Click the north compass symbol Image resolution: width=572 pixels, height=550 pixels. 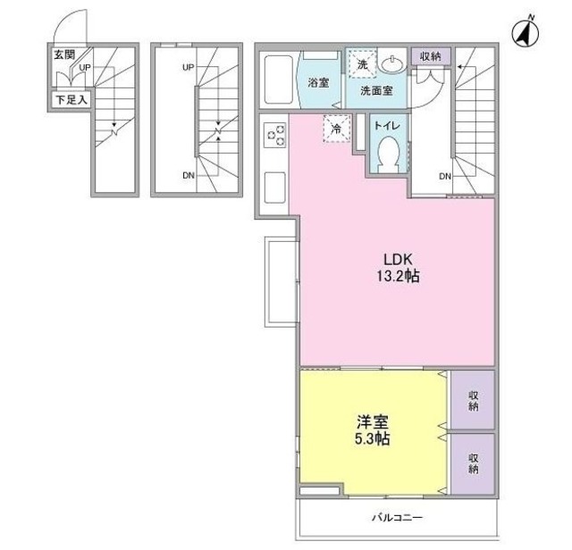click(x=526, y=34)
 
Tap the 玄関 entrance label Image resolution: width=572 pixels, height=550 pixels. click(x=64, y=55)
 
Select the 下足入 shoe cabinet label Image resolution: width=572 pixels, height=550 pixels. click(x=71, y=99)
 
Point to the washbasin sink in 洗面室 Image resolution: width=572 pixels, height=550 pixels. click(x=392, y=63)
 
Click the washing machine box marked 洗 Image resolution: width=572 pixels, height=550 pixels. click(x=362, y=64)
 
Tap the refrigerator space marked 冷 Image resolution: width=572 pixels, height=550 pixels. click(x=337, y=129)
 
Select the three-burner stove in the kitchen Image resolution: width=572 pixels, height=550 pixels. click(x=276, y=135)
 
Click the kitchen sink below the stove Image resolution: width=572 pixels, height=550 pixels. click(x=274, y=187)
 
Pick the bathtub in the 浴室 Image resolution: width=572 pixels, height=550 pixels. click(x=278, y=79)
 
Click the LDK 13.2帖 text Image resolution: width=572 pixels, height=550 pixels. click(x=398, y=268)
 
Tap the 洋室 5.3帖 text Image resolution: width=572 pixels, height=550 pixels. click(x=373, y=430)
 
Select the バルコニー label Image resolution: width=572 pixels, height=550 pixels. click(x=397, y=518)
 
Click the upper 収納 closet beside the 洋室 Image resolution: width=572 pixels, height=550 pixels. click(x=473, y=400)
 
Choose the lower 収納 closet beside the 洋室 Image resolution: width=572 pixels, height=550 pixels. click(x=473, y=463)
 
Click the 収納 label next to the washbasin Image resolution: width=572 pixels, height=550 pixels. click(x=431, y=56)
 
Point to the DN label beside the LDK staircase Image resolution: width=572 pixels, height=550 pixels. click(x=445, y=177)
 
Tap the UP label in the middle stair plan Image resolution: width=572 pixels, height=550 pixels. click(x=189, y=68)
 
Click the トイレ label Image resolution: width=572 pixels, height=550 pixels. click(x=387, y=126)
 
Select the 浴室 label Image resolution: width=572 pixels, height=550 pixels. click(x=318, y=82)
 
